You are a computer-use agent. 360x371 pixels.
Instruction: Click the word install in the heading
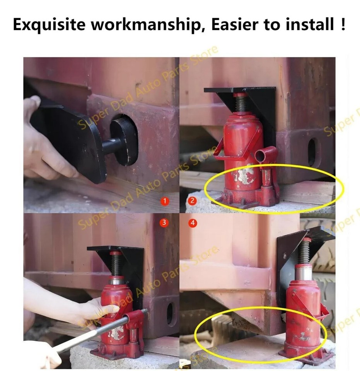pyautogui.click(x=309, y=25)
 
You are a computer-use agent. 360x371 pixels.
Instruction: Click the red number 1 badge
pyautogui.click(x=165, y=201)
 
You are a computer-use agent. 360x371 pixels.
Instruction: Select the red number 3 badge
pyautogui.click(x=164, y=223)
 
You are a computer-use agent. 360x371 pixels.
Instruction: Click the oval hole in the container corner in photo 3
pyautogui.click(x=170, y=313)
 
